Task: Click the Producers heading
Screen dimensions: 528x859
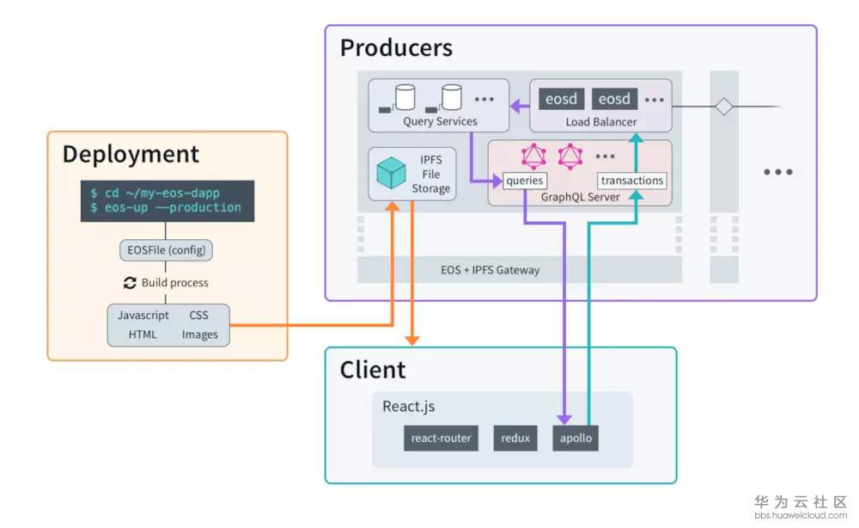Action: (x=396, y=47)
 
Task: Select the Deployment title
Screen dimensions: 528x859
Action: (x=131, y=155)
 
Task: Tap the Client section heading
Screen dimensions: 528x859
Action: (x=373, y=371)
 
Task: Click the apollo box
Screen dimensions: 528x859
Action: (x=575, y=438)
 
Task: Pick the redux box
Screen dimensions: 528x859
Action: (x=515, y=438)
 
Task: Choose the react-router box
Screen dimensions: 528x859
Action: (x=441, y=438)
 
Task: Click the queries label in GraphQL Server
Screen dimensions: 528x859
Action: (x=525, y=181)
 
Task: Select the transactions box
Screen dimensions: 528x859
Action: (x=631, y=181)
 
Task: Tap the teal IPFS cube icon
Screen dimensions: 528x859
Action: (x=391, y=173)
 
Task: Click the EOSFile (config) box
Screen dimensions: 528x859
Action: (x=166, y=250)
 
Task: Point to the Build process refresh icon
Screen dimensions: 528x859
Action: (x=131, y=282)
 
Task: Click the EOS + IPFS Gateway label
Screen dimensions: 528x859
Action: (x=490, y=270)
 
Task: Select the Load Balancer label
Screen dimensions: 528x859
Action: (x=601, y=122)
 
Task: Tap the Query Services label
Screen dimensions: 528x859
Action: (x=440, y=122)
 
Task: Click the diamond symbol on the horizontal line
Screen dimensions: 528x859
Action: (x=724, y=107)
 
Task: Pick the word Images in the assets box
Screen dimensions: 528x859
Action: (x=199, y=335)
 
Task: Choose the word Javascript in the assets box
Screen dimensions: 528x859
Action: (x=143, y=316)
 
